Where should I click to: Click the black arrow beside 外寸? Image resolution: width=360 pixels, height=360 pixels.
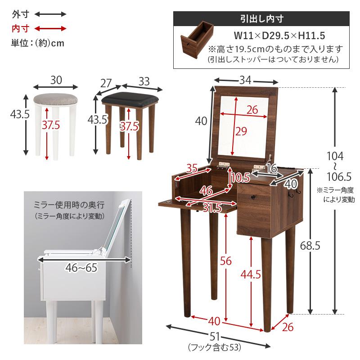coord(50,14)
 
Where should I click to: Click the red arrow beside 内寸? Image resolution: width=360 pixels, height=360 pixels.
coord(50,29)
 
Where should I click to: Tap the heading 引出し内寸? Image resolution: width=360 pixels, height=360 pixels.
coord(261,19)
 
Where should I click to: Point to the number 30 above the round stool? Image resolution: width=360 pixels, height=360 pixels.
coord(56,80)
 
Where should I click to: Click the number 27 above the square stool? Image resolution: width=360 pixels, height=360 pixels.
coord(106,83)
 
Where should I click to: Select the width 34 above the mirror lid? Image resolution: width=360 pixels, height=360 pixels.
coord(245,80)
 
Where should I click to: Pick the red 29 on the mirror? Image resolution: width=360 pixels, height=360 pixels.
coord(241,131)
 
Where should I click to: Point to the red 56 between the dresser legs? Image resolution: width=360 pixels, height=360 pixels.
coord(226,261)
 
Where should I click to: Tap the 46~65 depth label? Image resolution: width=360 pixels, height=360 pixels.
coord(81,268)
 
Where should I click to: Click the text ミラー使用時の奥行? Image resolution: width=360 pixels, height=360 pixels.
coord(69,205)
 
